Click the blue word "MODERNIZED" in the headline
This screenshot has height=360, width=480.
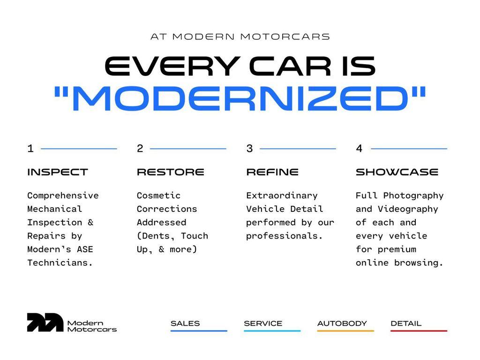click(240, 99)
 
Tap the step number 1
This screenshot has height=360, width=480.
click(30, 149)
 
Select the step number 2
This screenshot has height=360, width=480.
click(140, 149)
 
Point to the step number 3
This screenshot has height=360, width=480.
click(249, 149)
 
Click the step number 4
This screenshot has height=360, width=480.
click(359, 149)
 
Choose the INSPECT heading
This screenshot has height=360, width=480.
click(57, 172)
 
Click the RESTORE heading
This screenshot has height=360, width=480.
click(170, 172)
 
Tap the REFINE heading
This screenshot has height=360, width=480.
click(272, 172)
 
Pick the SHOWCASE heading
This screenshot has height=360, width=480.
click(397, 172)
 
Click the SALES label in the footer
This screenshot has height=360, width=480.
click(185, 323)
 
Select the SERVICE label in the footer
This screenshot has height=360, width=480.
click(263, 323)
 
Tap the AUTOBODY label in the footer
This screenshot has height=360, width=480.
click(342, 323)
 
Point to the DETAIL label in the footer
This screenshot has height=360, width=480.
click(406, 323)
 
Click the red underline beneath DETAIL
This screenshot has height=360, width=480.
click(419, 331)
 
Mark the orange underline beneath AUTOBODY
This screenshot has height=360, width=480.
click(345, 331)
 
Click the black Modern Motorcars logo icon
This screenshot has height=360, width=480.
click(45, 322)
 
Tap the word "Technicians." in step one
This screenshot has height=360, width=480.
click(60, 263)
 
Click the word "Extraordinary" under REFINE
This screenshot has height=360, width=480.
click(282, 195)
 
